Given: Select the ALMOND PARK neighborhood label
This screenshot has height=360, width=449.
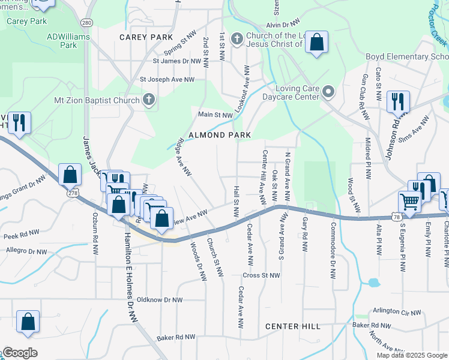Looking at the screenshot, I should [220, 135].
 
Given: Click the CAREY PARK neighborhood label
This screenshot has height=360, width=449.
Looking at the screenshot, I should [146, 37].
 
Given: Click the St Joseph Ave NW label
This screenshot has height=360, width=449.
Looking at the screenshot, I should [167, 79].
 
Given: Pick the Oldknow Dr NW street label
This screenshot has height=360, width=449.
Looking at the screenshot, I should [160, 299].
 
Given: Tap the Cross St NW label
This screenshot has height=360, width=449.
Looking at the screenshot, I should [261, 275].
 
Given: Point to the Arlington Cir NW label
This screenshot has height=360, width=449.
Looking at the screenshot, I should [397, 312].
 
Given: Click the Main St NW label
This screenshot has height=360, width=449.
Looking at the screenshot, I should [215, 115].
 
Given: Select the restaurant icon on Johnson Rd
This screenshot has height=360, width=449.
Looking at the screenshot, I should [398, 101].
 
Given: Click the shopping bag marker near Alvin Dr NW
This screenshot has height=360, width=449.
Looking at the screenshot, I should [316, 42].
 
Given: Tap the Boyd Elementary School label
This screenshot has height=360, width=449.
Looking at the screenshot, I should [407, 57].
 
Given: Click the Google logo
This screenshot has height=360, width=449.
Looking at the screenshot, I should [20, 353].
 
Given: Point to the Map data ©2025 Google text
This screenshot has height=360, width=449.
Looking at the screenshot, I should [411, 355].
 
